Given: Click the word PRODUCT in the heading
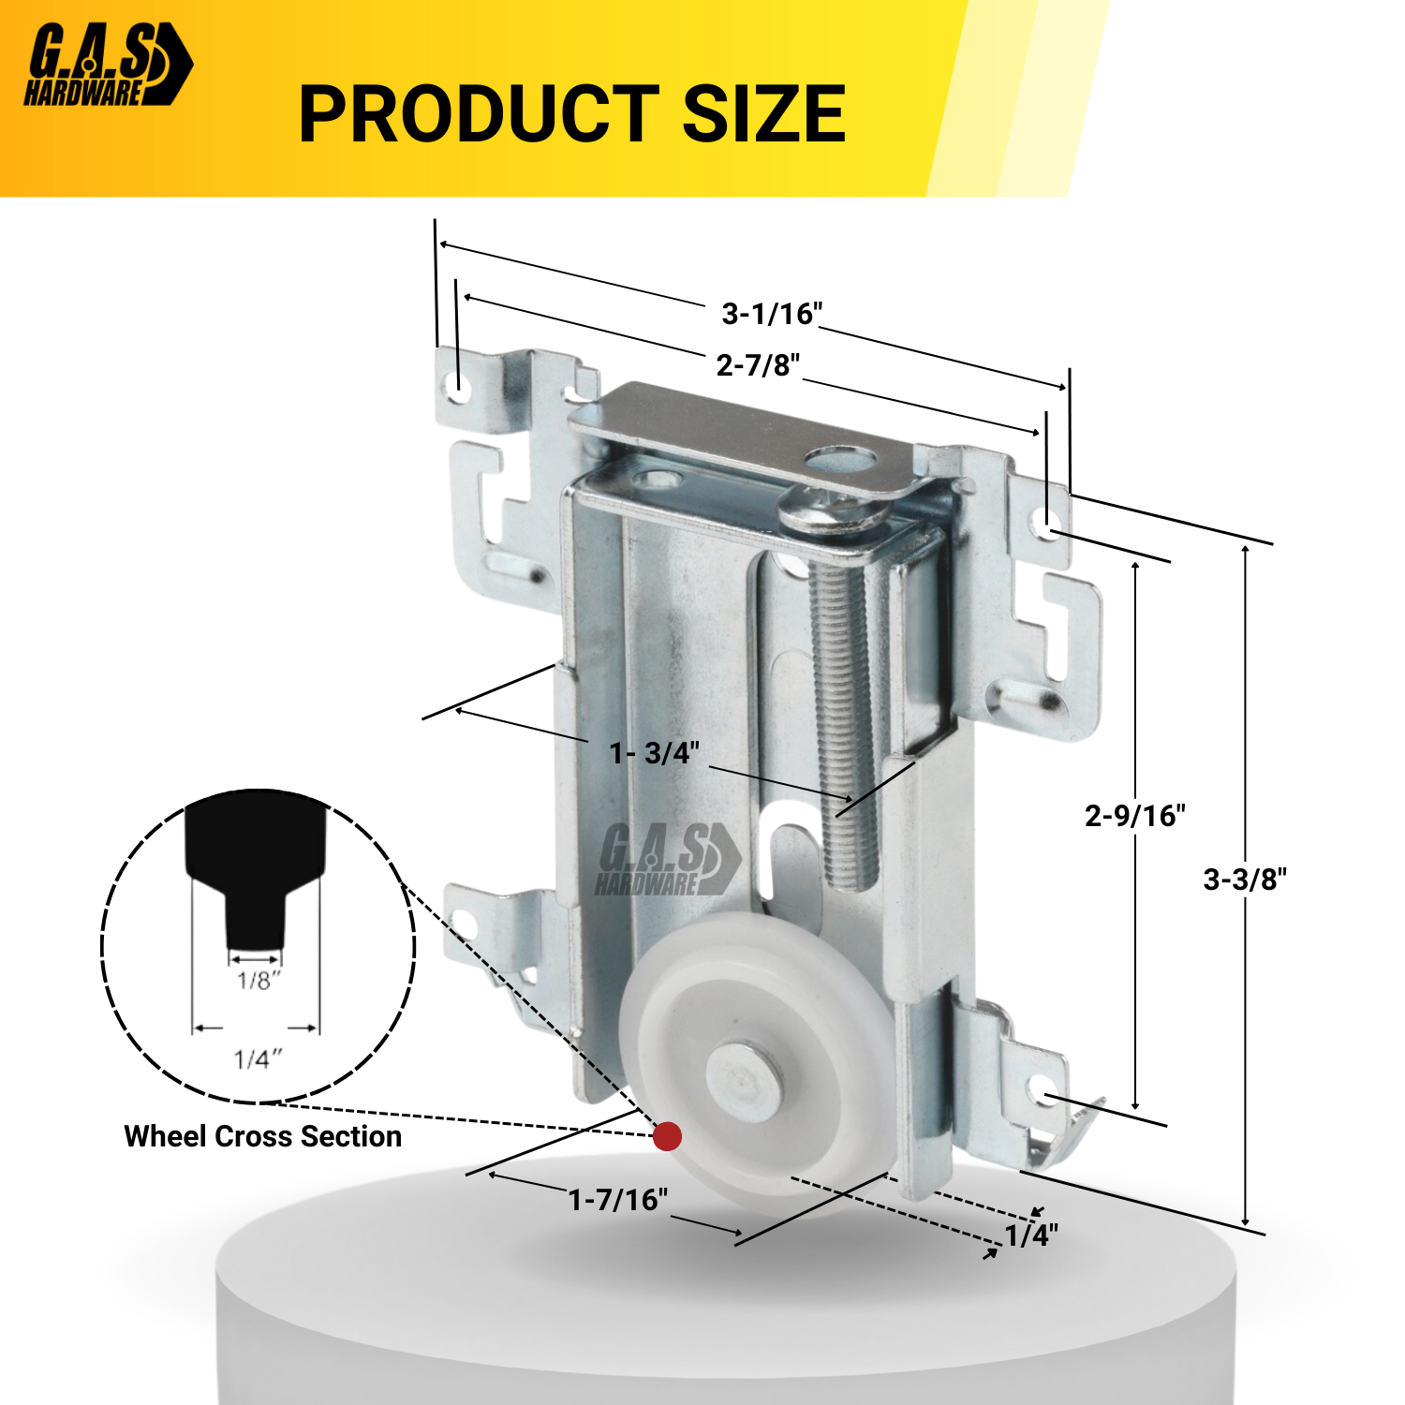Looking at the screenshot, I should point(479,114).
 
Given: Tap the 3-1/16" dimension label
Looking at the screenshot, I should point(772,314).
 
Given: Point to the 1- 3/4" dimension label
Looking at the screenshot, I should point(654,753).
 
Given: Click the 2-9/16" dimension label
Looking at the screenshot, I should point(1134,816).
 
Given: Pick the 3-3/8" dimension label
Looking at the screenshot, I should point(1245,880).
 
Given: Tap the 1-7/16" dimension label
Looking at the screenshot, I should point(618,1200).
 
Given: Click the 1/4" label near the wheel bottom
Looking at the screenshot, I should point(1031,1235).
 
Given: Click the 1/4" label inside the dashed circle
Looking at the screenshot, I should point(258,1059).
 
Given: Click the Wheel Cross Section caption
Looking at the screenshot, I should point(262,1136).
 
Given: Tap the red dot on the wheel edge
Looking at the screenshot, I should point(667,1136).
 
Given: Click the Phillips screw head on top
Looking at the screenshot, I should point(830,512).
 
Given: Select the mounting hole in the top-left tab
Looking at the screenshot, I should point(459,381).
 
